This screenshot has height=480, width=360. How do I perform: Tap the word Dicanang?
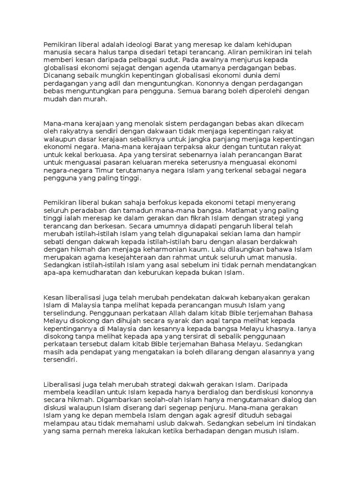tap(59, 75)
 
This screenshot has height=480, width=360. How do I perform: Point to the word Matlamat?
tap(247, 211)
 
